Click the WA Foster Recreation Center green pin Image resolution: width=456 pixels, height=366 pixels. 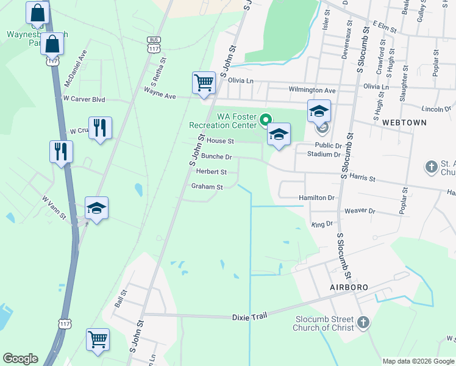point(265,120)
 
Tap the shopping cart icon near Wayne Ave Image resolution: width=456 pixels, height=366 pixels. point(203,82)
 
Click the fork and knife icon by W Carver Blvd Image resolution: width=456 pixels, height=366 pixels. point(101,128)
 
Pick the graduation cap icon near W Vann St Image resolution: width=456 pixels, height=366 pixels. point(96,209)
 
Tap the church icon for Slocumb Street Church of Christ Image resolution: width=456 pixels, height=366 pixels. point(363,322)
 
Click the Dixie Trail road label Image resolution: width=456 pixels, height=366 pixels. point(250,317)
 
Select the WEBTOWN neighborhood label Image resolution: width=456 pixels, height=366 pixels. point(404,123)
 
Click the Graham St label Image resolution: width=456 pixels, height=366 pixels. point(207,187)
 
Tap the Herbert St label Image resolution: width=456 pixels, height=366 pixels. point(211,172)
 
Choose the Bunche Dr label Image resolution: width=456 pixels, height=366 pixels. point(216,157)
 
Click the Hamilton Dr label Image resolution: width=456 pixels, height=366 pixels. point(317,198)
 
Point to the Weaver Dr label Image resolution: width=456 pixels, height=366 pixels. point(360,210)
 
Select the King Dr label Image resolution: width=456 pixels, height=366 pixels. point(322,224)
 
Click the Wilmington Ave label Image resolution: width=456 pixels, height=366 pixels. point(312,90)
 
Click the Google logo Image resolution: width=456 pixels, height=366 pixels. point(21,359)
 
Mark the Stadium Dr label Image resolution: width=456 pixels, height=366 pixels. point(324,154)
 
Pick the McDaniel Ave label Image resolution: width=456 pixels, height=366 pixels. point(75,69)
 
